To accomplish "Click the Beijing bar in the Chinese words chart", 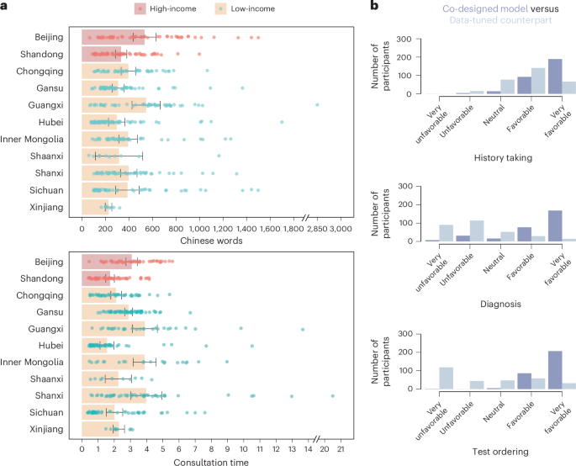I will pos(113,37).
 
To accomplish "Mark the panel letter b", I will pos(374,7).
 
